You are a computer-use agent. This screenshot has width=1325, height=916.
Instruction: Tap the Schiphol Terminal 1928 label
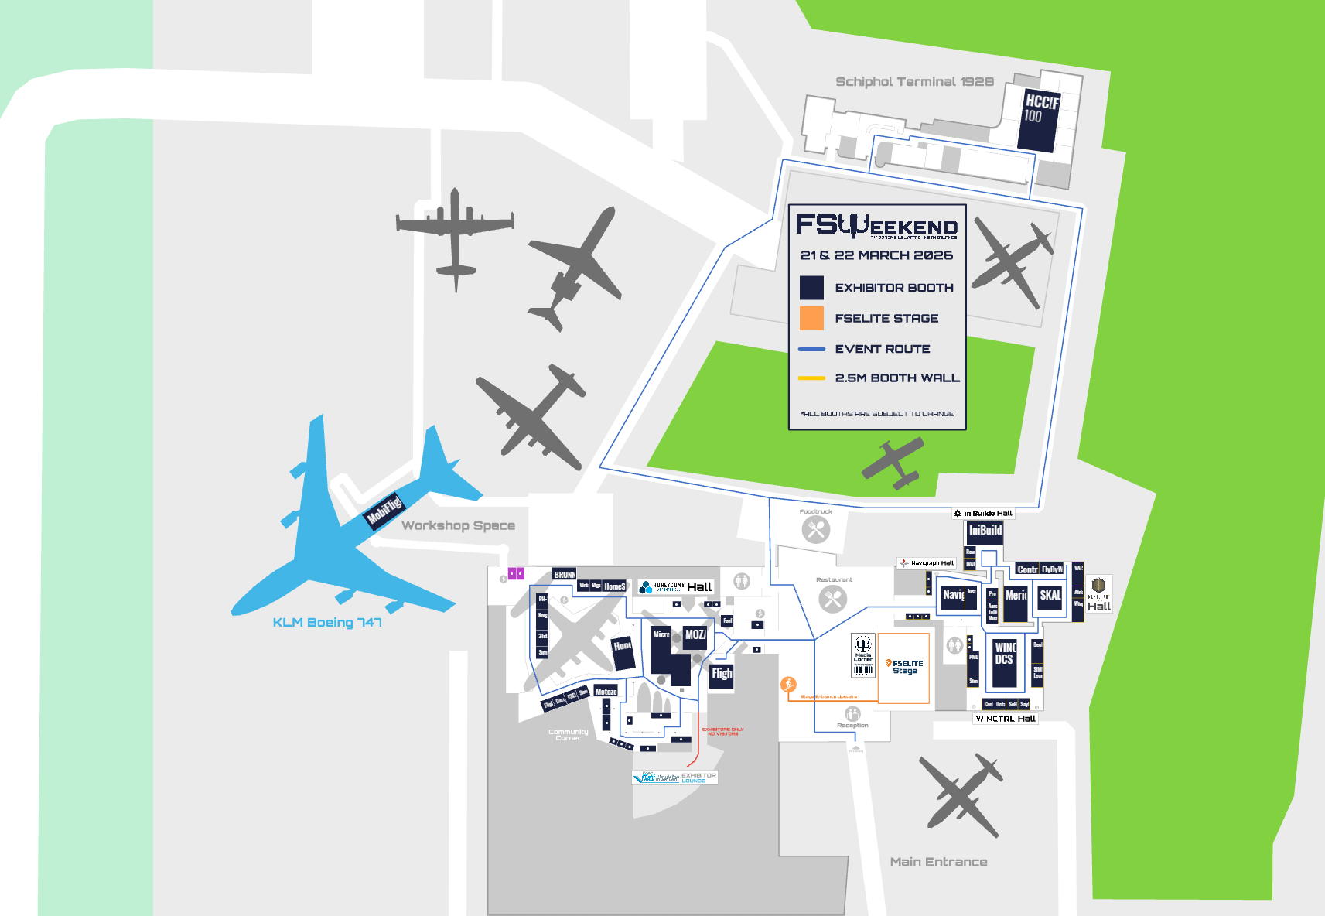(x=914, y=82)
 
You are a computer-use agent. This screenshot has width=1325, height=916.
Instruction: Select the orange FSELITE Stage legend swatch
(x=811, y=318)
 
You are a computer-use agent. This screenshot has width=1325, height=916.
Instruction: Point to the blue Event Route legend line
(x=811, y=349)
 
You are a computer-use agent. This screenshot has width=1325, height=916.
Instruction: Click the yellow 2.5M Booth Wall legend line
(x=811, y=378)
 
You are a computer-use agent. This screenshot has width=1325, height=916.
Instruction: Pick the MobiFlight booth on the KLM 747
(x=384, y=510)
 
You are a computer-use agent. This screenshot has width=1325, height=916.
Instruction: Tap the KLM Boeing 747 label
(x=327, y=623)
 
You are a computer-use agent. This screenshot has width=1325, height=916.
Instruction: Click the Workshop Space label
(x=458, y=526)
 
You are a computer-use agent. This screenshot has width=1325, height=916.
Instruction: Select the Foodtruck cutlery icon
(x=816, y=530)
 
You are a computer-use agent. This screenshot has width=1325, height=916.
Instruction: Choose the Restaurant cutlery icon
(x=833, y=599)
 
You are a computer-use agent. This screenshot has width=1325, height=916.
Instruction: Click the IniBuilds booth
(x=985, y=531)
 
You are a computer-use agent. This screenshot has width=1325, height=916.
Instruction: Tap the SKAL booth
(x=1050, y=596)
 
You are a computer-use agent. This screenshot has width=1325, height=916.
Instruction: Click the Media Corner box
(x=863, y=655)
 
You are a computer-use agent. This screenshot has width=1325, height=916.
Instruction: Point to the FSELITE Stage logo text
(x=905, y=667)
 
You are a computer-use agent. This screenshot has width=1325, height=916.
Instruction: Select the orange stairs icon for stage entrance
(x=788, y=684)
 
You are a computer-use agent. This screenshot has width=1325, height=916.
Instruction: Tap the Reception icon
(x=852, y=713)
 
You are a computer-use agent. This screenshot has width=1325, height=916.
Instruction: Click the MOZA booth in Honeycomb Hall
(x=695, y=635)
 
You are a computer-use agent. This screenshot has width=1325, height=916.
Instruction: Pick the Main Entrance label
(x=938, y=862)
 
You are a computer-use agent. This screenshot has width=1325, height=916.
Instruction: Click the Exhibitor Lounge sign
(x=675, y=777)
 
